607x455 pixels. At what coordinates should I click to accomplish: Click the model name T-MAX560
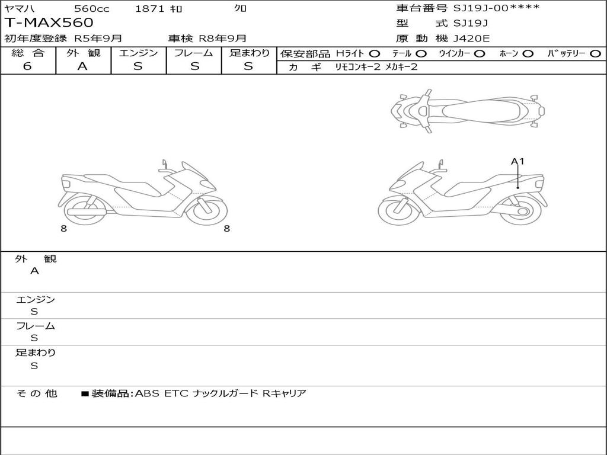(x=49, y=23)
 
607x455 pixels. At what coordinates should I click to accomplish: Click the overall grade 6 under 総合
(x=27, y=66)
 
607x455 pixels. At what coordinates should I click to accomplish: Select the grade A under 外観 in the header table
(x=82, y=66)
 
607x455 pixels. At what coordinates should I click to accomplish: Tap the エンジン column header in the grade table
(x=138, y=53)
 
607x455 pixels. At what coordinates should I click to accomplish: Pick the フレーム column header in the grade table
(x=194, y=53)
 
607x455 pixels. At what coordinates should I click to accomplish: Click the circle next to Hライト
(x=375, y=54)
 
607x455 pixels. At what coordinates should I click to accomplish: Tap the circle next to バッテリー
(x=595, y=54)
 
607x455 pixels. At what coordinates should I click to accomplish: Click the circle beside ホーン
(x=528, y=54)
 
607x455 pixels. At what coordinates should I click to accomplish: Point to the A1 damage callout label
(x=517, y=161)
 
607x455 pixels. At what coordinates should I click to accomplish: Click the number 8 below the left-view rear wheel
(x=64, y=229)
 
